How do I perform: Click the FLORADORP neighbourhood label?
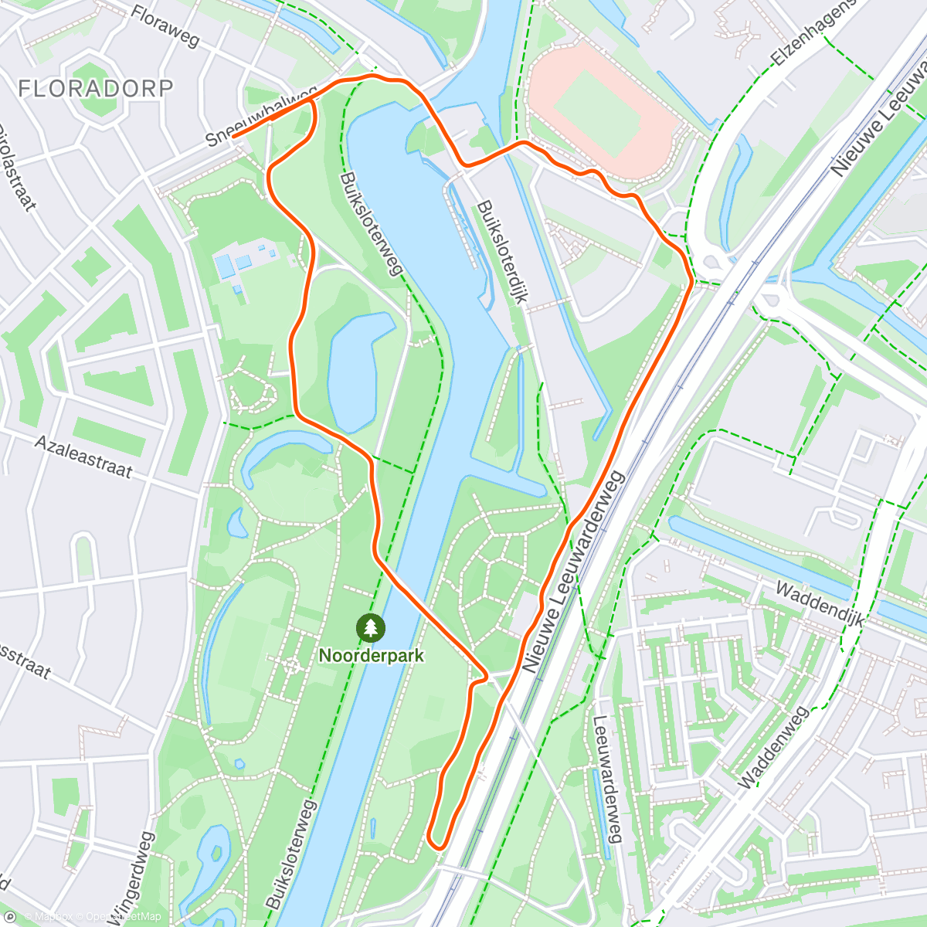coord(95,88)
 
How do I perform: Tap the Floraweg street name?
coord(166,26)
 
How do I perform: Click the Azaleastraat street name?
coord(83,456)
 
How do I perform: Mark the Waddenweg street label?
coord(772,747)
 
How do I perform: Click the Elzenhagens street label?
coord(814,32)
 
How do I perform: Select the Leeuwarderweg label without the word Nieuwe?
coord(607,779)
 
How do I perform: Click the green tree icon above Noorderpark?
coord(371,627)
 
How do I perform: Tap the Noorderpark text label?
coord(372,655)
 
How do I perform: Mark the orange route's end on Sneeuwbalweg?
coord(233,136)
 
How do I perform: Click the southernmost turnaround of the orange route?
coord(437,844)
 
